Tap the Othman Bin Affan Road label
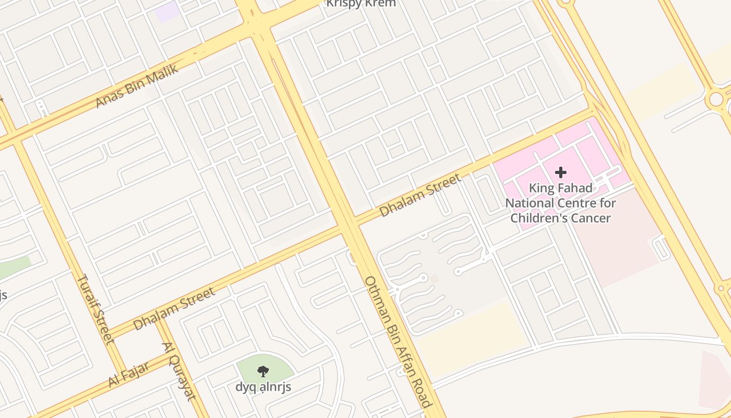(398, 342)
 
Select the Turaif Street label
(96, 309)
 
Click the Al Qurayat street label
(179, 371)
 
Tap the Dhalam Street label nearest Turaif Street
(174, 309)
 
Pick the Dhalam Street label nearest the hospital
(420, 195)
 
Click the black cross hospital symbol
(561, 172)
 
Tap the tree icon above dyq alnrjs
(263, 371)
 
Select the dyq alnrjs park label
(263, 387)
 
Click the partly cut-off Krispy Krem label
(361, 4)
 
